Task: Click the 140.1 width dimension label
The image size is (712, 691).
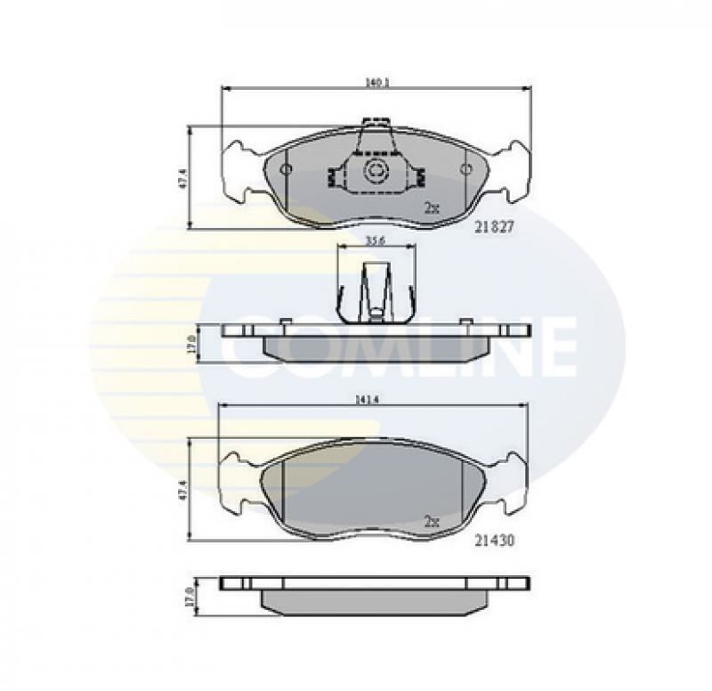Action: [x=376, y=83]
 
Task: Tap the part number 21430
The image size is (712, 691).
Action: [x=493, y=540]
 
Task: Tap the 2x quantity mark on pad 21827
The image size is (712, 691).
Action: [x=432, y=207]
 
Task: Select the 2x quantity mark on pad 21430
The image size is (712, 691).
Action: [x=432, y=522]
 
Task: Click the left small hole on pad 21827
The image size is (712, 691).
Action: [x=286, y=169]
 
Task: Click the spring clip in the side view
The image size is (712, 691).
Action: [x=375, y=289]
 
